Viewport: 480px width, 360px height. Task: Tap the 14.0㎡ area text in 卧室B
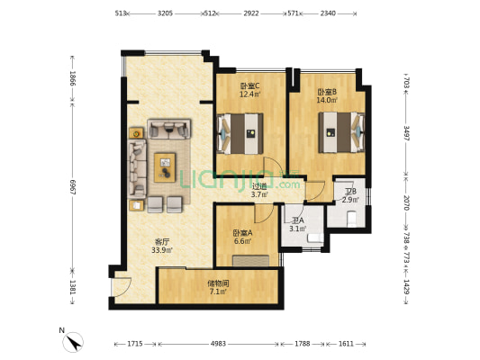[327, 100]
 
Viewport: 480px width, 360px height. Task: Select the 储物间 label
[218, 283]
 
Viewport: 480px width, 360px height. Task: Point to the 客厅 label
[161, 242]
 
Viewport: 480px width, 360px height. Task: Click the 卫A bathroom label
[298, 220]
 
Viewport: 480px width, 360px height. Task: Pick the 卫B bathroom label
[351, 192]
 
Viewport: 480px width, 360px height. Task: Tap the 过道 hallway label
[259, 185]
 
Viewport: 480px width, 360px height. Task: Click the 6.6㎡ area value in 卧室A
[243, 241]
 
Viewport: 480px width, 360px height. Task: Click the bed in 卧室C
[240, 134]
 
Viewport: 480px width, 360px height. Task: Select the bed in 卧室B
[341, 132]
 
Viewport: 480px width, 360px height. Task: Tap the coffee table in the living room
[165, 167]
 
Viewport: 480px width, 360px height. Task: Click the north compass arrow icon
[73, 342]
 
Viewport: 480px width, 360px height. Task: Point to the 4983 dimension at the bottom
[218, 344]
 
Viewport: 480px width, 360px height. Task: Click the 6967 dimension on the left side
[73, 187]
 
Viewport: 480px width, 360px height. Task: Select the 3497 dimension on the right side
[406, 132]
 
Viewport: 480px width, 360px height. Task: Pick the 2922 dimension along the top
[251, 13]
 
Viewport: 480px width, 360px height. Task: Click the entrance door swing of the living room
[122, 286]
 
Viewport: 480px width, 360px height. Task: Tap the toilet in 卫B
[351, 219]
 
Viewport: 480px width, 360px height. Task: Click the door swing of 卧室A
[264, 213]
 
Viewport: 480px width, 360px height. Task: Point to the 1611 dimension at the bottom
[346, 344]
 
